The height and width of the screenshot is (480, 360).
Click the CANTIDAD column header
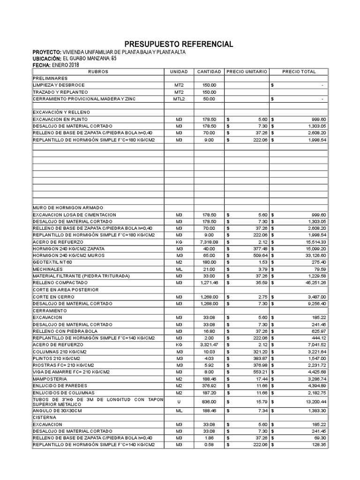click(209, 72)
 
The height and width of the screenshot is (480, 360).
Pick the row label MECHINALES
click(47, 270)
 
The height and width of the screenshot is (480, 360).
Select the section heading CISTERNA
click(44, 417)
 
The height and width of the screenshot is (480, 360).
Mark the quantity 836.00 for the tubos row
click(209, 402)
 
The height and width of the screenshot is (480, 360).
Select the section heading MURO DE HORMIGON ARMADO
click(67, 207)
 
